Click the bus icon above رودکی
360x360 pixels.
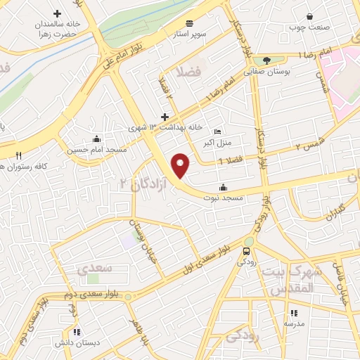click(x=247, y=252)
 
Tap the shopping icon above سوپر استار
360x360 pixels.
click(x=190, y=22)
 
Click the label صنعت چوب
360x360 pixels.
click(x=305, y=27)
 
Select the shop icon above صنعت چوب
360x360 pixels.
click(x=310, y=16)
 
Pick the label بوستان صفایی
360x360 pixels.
click(x=263, y=71)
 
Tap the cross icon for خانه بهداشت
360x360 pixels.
click(x=165, y=117)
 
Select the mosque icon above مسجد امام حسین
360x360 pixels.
click(x=96, y=138)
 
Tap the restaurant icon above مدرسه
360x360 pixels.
click(x=293, y=313)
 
